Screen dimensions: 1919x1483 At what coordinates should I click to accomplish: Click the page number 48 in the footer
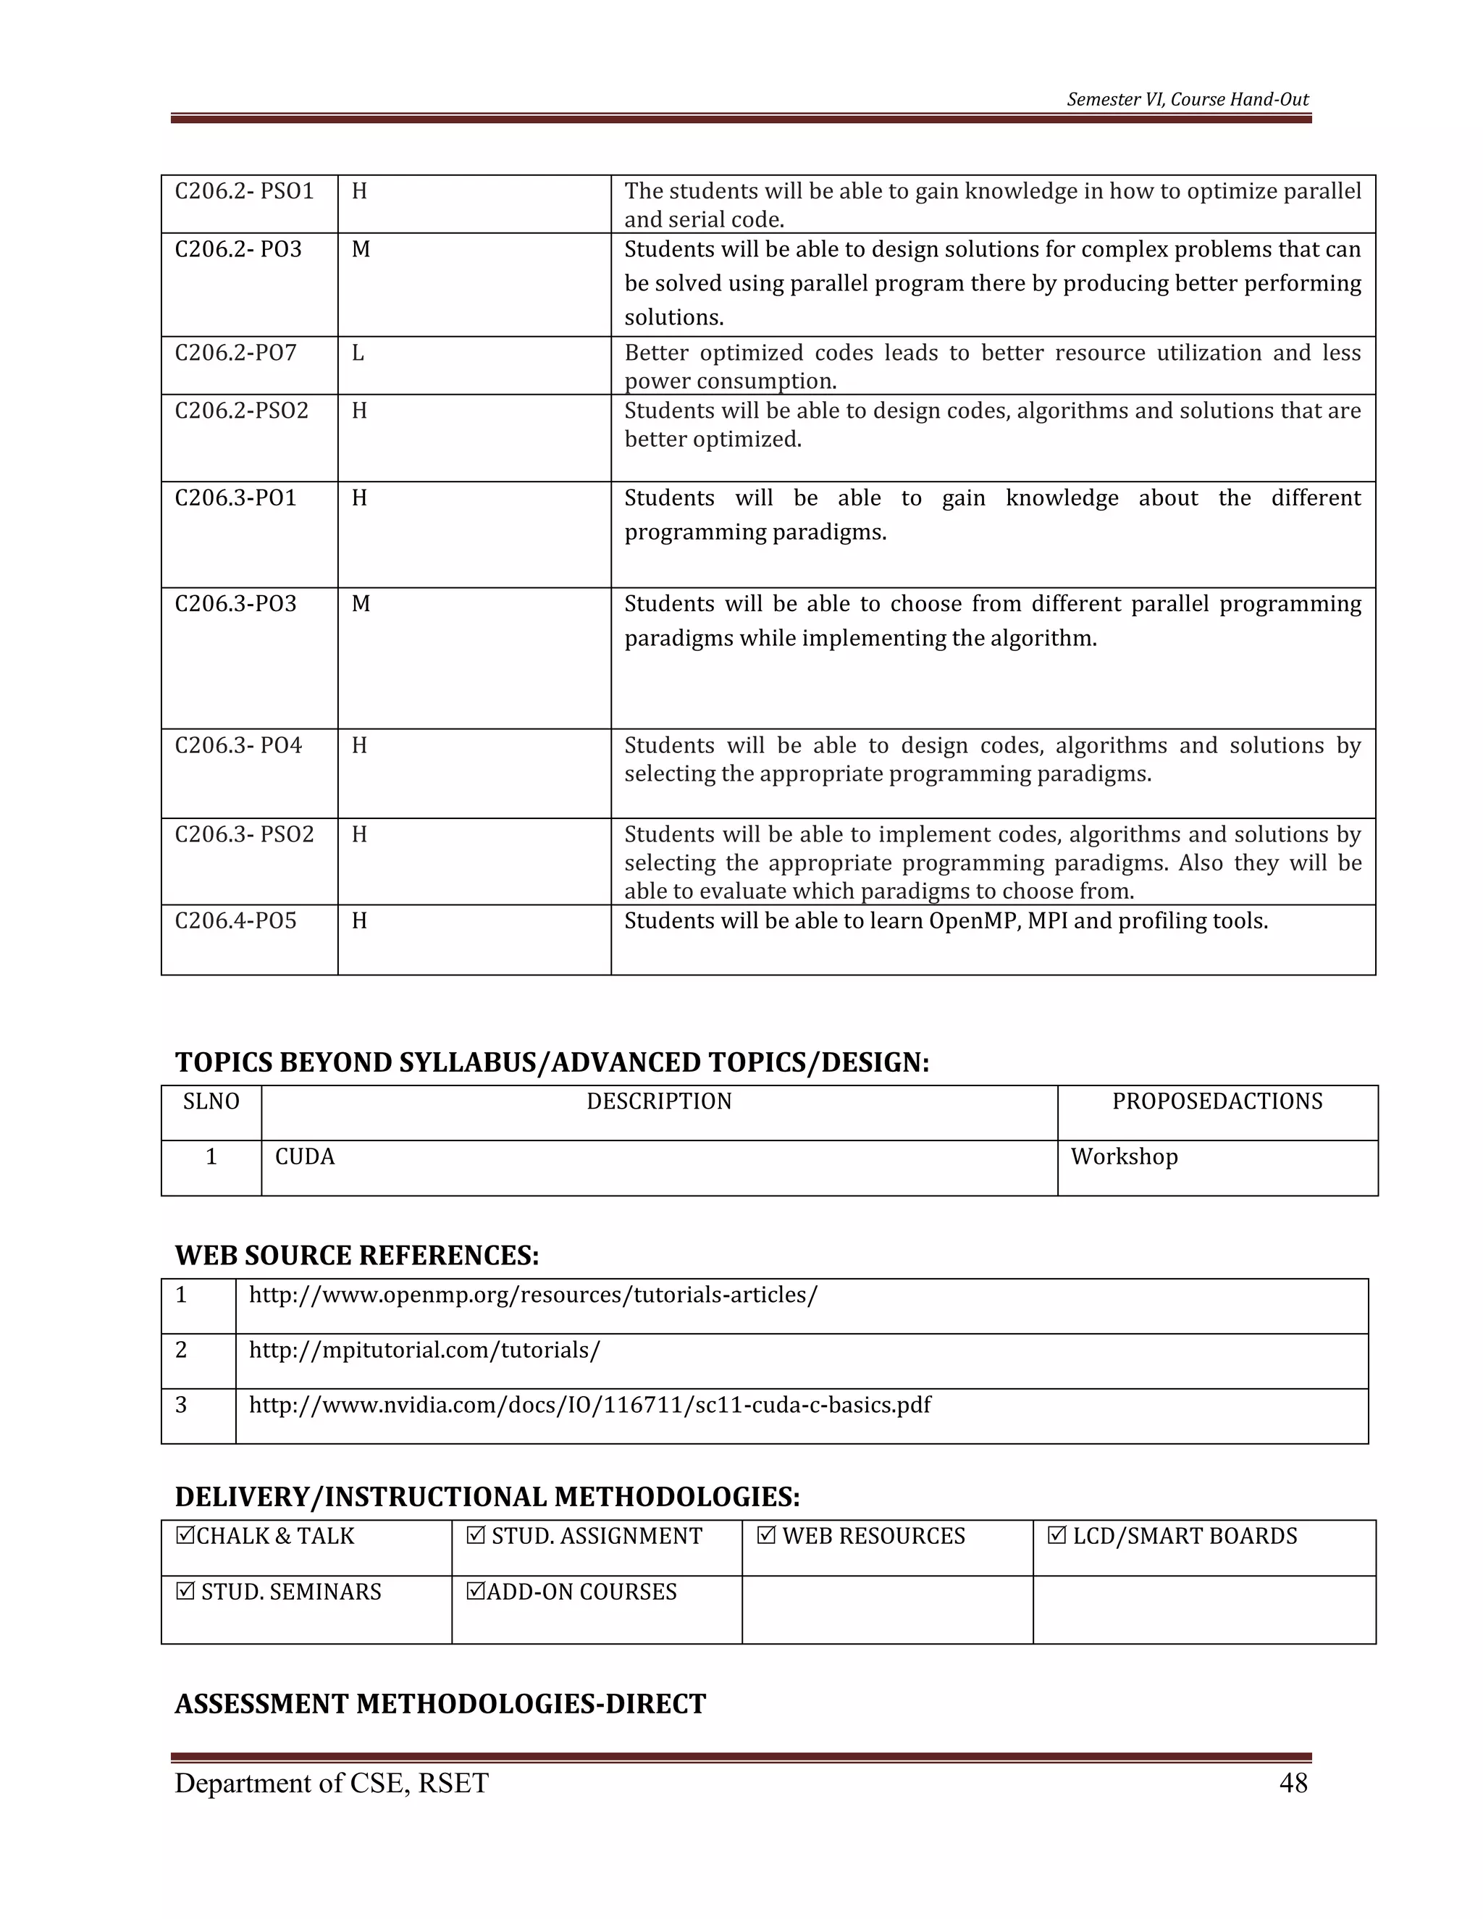click(1293, 1783)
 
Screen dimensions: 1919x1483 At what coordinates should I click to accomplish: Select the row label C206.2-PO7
click(235, 353)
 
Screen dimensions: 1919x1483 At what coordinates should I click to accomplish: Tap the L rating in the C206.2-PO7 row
click(358, 353)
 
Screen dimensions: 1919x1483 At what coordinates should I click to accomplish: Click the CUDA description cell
click(305, 1156)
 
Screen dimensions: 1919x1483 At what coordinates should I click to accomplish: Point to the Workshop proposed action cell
click(1124, 1156)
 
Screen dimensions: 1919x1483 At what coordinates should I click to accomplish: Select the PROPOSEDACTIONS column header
click(1217, 1102)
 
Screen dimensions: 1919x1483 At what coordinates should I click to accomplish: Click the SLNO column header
click(211, 1102)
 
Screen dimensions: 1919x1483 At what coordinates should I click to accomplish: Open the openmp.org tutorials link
click(532, 1296)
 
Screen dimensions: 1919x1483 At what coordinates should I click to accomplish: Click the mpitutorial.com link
click(424, 1350)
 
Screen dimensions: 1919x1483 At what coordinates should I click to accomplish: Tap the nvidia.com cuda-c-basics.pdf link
click(589, 1405)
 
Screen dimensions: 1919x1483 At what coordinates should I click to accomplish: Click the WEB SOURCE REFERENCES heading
click(357, 1256)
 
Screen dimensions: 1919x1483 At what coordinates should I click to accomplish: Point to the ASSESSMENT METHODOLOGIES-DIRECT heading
click(440, 1704)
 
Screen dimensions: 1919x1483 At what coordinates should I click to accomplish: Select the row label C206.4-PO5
click(235, 921)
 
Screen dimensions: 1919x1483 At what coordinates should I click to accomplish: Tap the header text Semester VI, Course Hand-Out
click(1188, 99)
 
